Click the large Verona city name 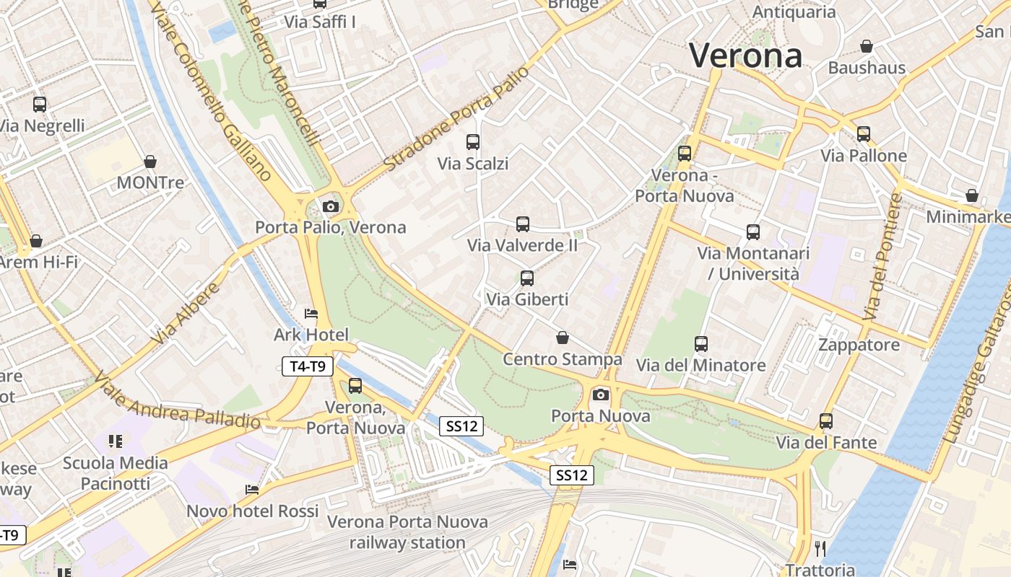(x=745, y=56)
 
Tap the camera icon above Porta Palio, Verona (x=331, y=207)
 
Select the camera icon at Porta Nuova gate (x=601, y=395)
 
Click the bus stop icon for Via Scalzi (x=473, y=142)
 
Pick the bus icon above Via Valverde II (x=523, y=224)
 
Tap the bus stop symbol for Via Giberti (x=527, y=278)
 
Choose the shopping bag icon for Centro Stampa (x=563, y=338)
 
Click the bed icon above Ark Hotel (x=311, y=314)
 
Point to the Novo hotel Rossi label (x=253, y=511)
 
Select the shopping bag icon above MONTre (x=150, y=162)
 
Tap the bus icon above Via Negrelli (x=40, y=105)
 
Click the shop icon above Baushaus (x=867, y=47)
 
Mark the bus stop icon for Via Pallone (x=863, y=134)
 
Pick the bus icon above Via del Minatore (x=700, y=344)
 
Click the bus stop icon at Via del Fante (x=826, y=421)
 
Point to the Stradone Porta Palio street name (x=456, y=119)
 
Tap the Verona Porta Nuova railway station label (x=408, y=532)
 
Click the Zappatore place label (x=859, y=345)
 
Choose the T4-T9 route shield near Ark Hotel (x=307, y=366)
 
